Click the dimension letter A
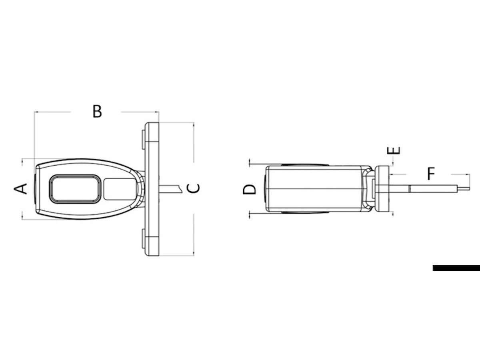tap(20, 189)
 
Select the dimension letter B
tap(97, 111)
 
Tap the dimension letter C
tap(194, 188)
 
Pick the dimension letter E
tap(394, 150)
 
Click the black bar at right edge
tap(456, 268)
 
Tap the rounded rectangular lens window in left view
tap(76, 189)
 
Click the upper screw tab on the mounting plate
tap(143, 140)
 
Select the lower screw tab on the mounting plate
tap(143, 238)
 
